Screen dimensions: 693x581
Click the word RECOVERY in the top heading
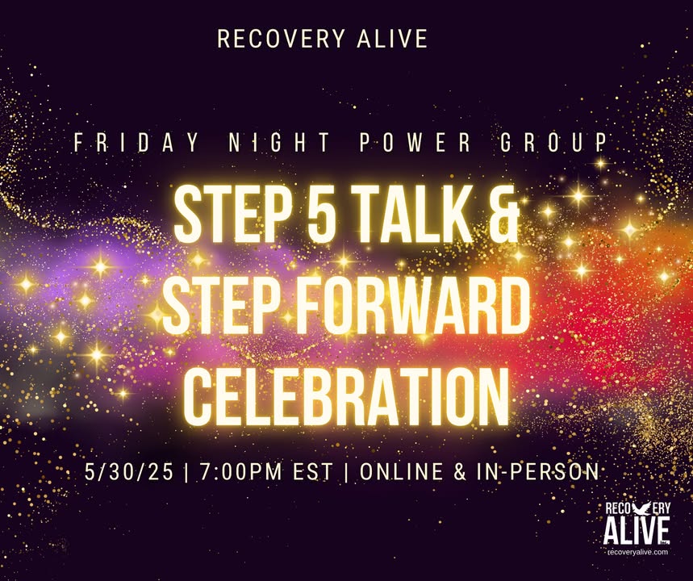[281, 39]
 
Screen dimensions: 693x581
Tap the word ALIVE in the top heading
[392, 39]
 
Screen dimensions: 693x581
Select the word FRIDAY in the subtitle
[136, 142]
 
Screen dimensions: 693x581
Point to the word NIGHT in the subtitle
[279, 142]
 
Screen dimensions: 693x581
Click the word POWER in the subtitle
[415, 142]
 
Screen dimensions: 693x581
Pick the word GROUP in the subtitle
[554, 142]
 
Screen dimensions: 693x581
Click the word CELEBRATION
[347, 397]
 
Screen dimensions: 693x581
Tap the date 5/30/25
[129, 471]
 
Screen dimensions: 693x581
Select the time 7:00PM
[240, 471]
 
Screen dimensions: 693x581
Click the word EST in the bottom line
[312, 471]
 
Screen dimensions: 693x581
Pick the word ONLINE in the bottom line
[402, 471]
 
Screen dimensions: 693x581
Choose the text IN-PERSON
[538, 471]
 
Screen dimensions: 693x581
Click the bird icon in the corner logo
[641, 508]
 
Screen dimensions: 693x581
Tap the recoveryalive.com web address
[638, 552]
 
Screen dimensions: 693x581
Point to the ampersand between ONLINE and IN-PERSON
[460, 471]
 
